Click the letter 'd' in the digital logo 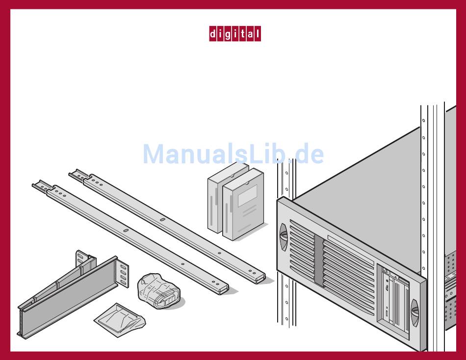tap(213, 34)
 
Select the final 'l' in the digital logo tap(257, 34)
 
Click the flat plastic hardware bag tap(120, 318)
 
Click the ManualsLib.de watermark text tap(233, 154)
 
